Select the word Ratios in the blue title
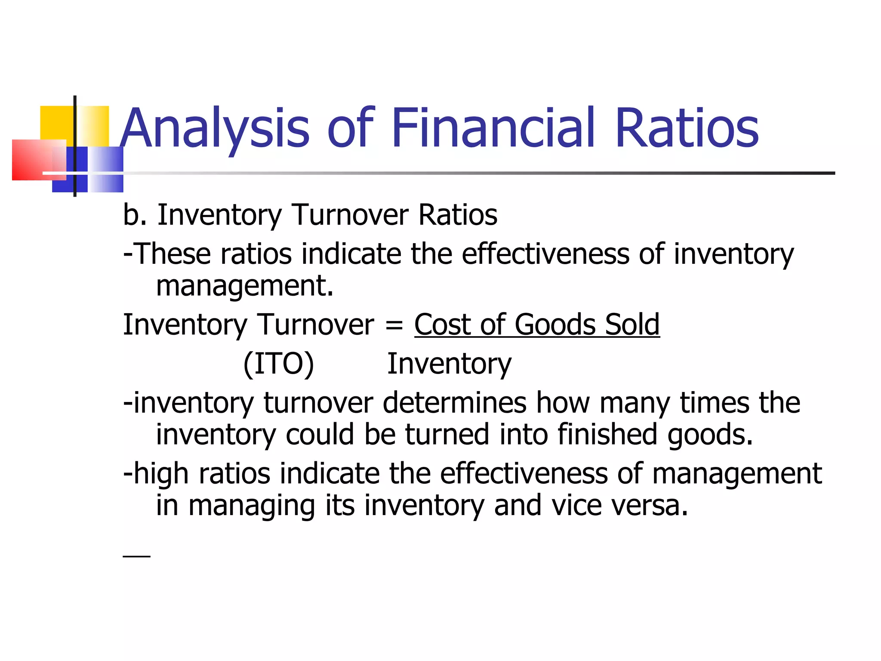[x=687, y=128]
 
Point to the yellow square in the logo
[x=56, y=123]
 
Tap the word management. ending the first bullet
[x=244, y=286]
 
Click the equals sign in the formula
[x=394, y=325]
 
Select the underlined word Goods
[x=555, y=324]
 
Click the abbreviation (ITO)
[x=279, y=364]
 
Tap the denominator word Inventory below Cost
[x=449, y=364]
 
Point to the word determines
[x=454, y=403]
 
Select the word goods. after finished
[x=710, y=435]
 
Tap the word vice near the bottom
[x=577, y=505]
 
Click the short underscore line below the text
[x=136, y=556]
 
